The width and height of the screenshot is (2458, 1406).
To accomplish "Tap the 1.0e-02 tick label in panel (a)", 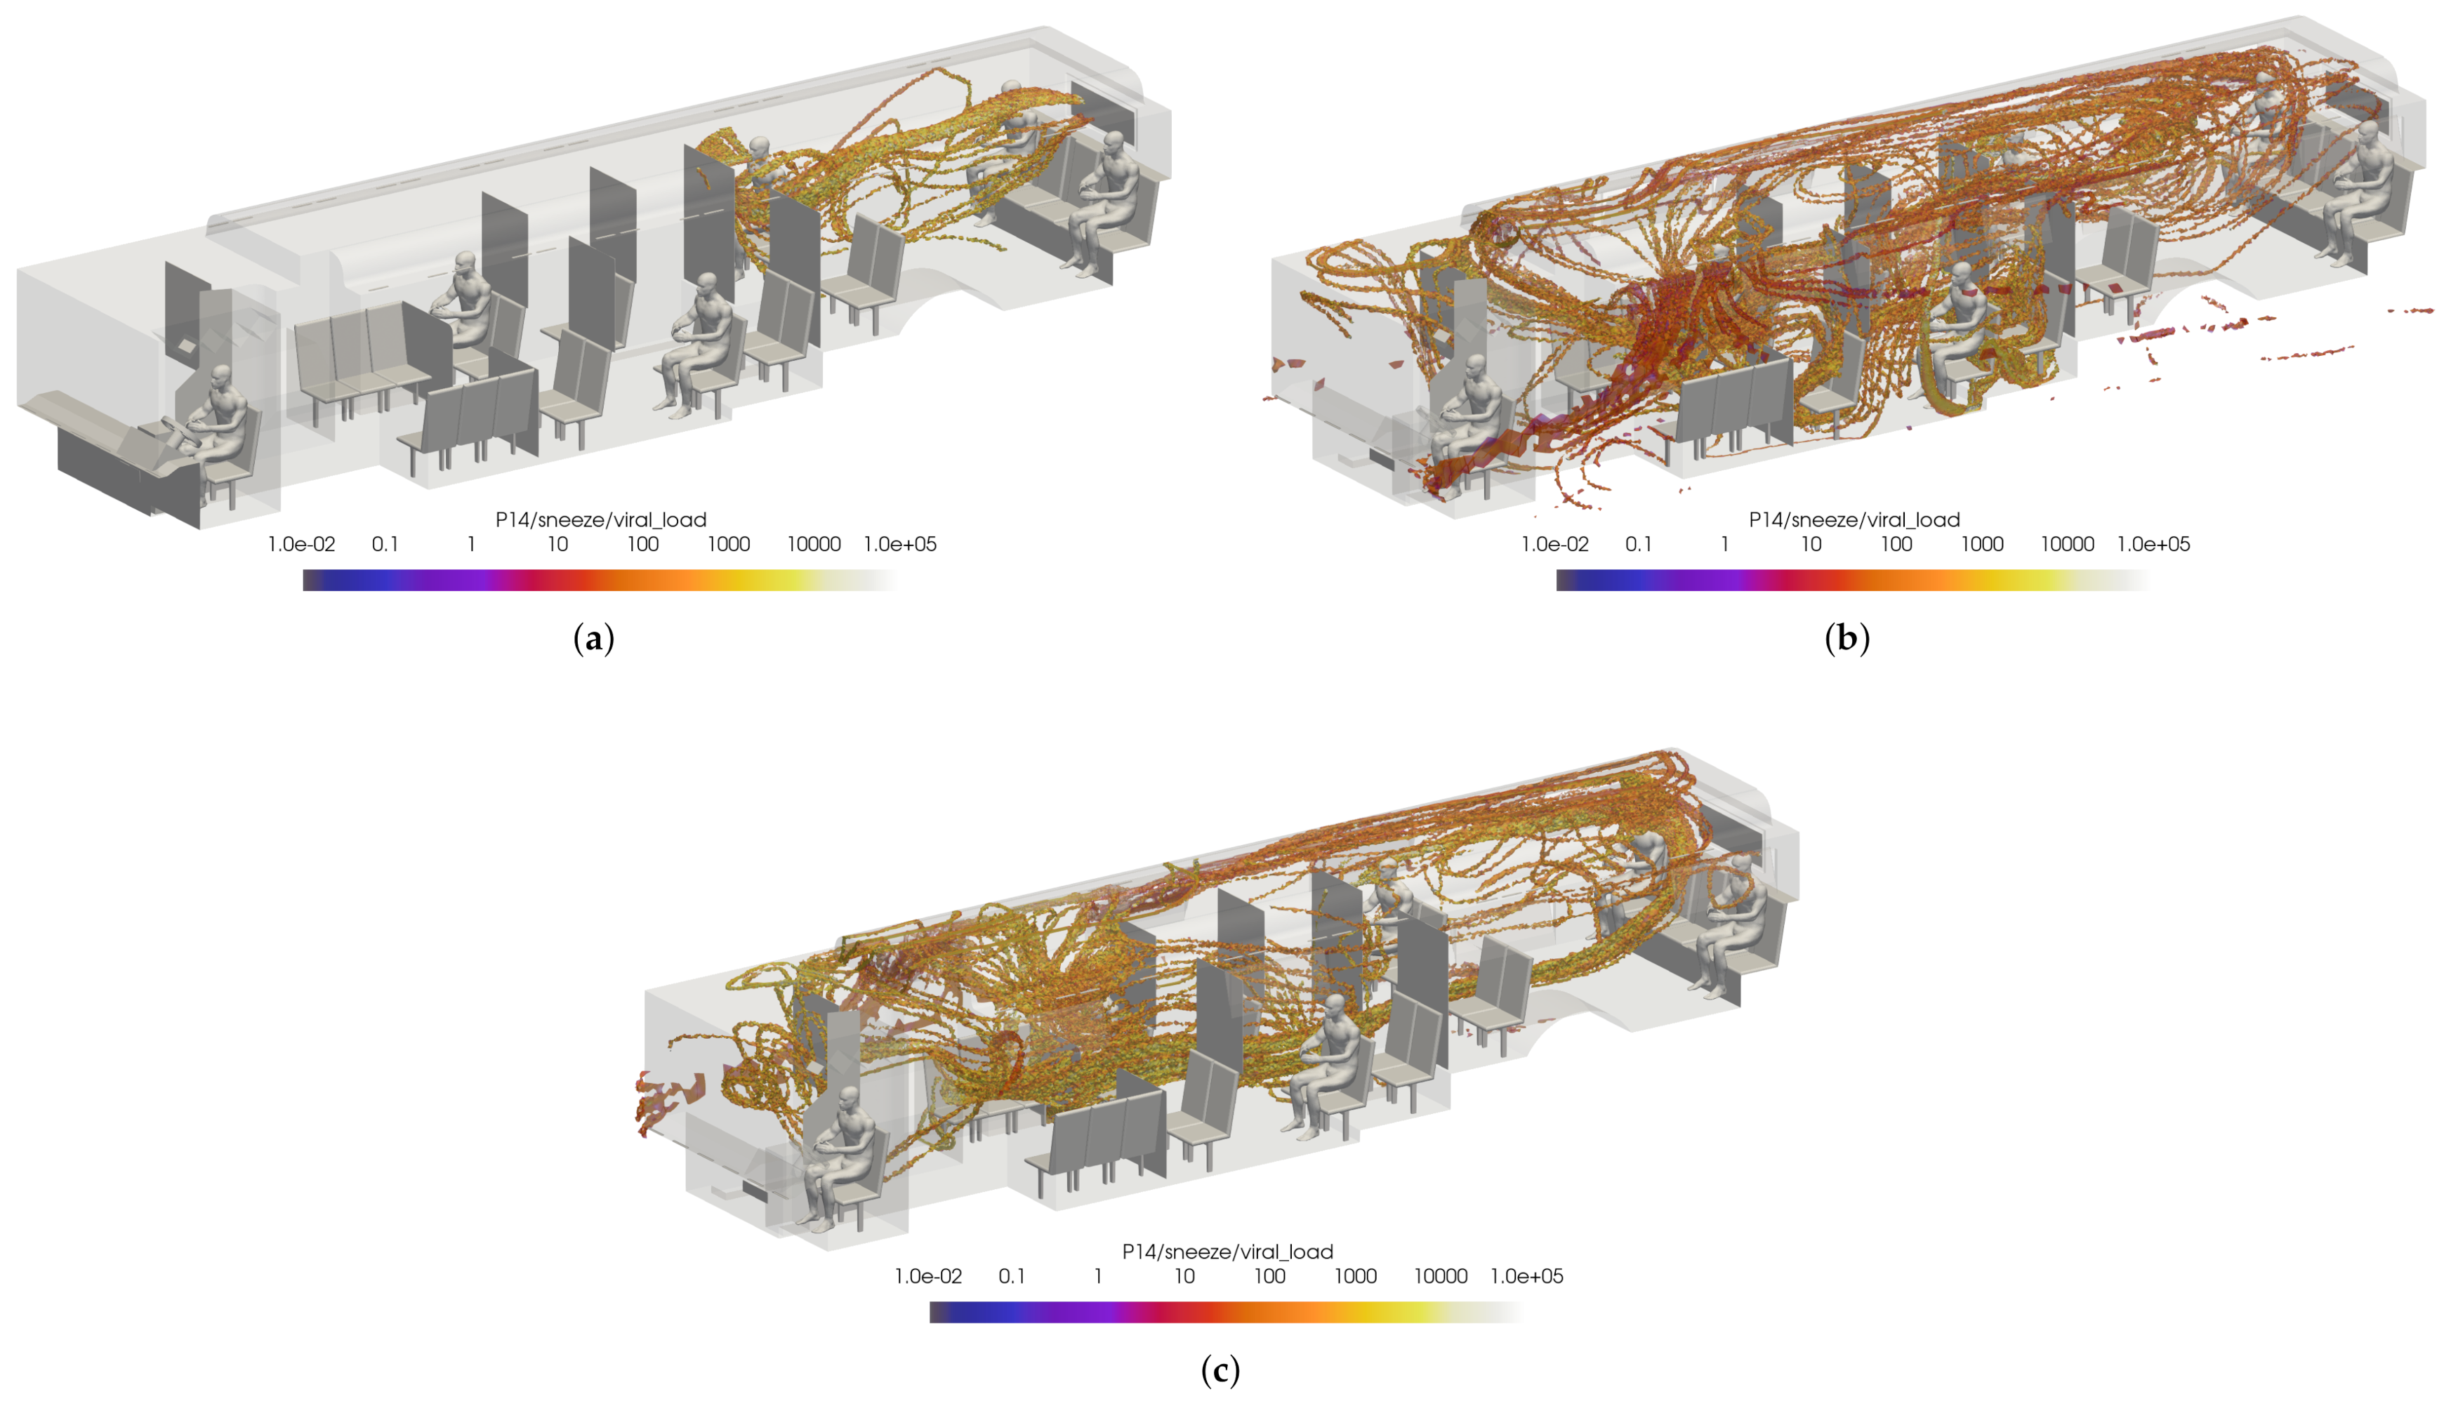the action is point(301,545).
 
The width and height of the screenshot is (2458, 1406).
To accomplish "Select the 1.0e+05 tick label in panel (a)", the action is point(900,545).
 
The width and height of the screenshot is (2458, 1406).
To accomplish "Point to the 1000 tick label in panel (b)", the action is point(1982,545).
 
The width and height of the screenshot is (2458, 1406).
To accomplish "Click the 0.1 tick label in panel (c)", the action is point(1011,1277).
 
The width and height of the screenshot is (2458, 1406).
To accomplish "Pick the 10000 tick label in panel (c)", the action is point(1441,1277).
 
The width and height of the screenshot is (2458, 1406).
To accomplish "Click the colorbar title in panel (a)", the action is point(601,520).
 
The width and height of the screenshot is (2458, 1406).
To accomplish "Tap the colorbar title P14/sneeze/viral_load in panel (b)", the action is point(1854,520).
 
